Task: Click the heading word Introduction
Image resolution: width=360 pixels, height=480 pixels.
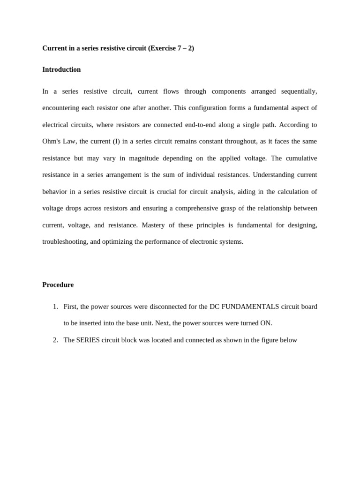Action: click(x=61, y=69)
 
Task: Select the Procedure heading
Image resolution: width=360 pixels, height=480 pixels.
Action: click(x=58, y=285)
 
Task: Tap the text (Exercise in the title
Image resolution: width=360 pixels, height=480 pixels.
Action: click(x=162, y=48)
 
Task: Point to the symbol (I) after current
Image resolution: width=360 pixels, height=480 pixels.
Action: click(x=116, y=141)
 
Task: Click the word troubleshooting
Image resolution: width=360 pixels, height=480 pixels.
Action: click(x=65, y=241)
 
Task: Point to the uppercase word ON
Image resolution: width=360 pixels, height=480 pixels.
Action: click(x=267, y=323)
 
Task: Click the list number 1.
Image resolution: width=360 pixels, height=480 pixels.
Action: click(x=55, y=307)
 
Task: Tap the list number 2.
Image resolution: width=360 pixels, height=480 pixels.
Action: click(x=55, y=340)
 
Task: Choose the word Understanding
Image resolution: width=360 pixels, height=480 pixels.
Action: click(x=274, y=175)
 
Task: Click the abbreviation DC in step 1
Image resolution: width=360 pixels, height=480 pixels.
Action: click(x=214, y=307)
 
